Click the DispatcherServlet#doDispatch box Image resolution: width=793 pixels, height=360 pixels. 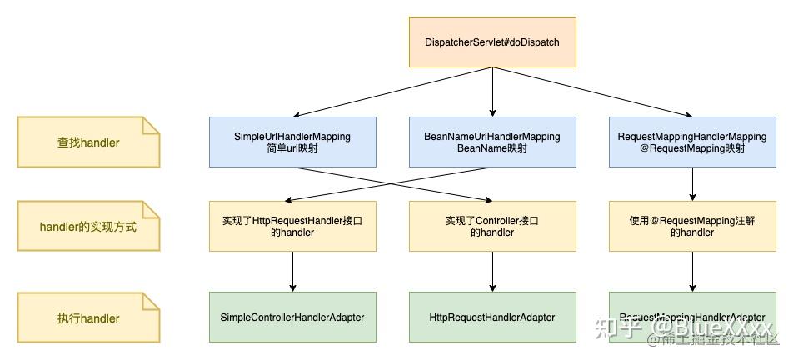click(491, 42)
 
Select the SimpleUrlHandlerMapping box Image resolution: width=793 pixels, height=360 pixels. click(292, 142)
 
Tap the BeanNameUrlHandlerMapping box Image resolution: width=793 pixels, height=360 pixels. click(491, 142)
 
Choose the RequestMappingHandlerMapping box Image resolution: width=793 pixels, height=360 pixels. click(693, 142)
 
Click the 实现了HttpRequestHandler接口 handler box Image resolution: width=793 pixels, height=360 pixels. click(292, 226)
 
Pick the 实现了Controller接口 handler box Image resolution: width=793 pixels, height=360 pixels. click(491, 226)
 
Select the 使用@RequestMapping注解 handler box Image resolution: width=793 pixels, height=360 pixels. click(693, 226)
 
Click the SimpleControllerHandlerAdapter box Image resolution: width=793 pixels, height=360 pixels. click(292, 317)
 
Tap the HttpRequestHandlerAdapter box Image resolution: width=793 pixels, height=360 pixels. click(491, 317)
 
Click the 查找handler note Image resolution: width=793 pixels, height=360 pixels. click(88, 142)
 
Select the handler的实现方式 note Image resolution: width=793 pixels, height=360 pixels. click(88, 226)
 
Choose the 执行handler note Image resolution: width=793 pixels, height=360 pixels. click(88, 317)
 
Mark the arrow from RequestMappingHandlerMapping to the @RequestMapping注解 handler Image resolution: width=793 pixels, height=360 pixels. click(693, 183)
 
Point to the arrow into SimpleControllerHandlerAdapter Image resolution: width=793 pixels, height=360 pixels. click(292, 271)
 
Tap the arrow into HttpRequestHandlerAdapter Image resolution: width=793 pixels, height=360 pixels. click(492, 271)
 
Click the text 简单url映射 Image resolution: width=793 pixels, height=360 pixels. click(292, 149)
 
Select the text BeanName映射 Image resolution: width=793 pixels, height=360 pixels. click(491, 149)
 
